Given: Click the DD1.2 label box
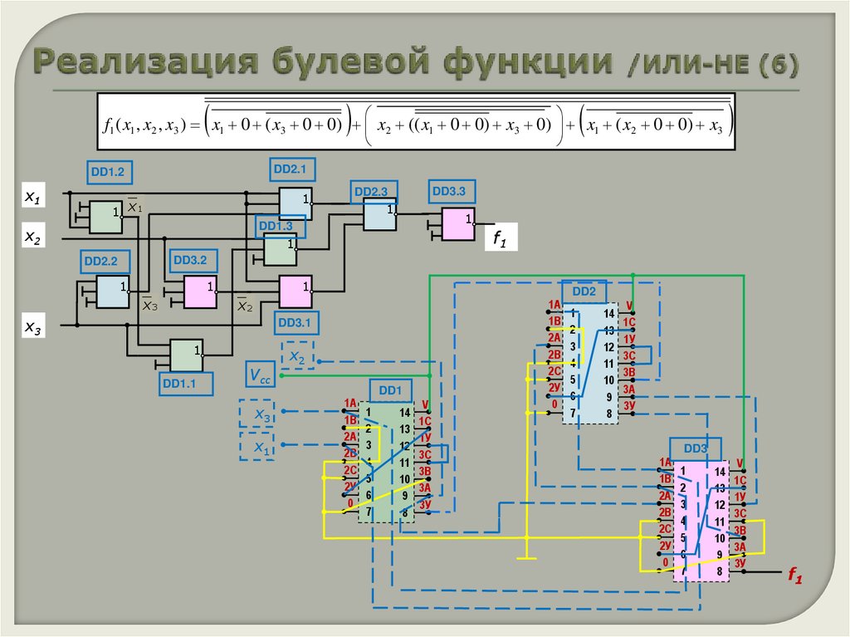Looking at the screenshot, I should click(110, 172).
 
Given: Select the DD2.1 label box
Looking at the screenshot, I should click(290, 170).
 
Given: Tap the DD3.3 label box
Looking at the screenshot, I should click(453, 192).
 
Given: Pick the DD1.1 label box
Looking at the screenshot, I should click(187, 383).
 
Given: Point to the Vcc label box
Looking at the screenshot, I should click(261, 375).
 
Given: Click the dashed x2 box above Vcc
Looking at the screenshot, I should click(297, 355).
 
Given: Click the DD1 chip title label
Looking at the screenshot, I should click(390, 389).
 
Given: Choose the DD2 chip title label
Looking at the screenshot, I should click(584, 292).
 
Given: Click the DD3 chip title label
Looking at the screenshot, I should click(696, 448).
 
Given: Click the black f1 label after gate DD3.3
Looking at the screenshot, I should click(500, 240).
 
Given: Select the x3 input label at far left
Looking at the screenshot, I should click(32, 326).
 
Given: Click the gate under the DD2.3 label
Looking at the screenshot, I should click(380, 217).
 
